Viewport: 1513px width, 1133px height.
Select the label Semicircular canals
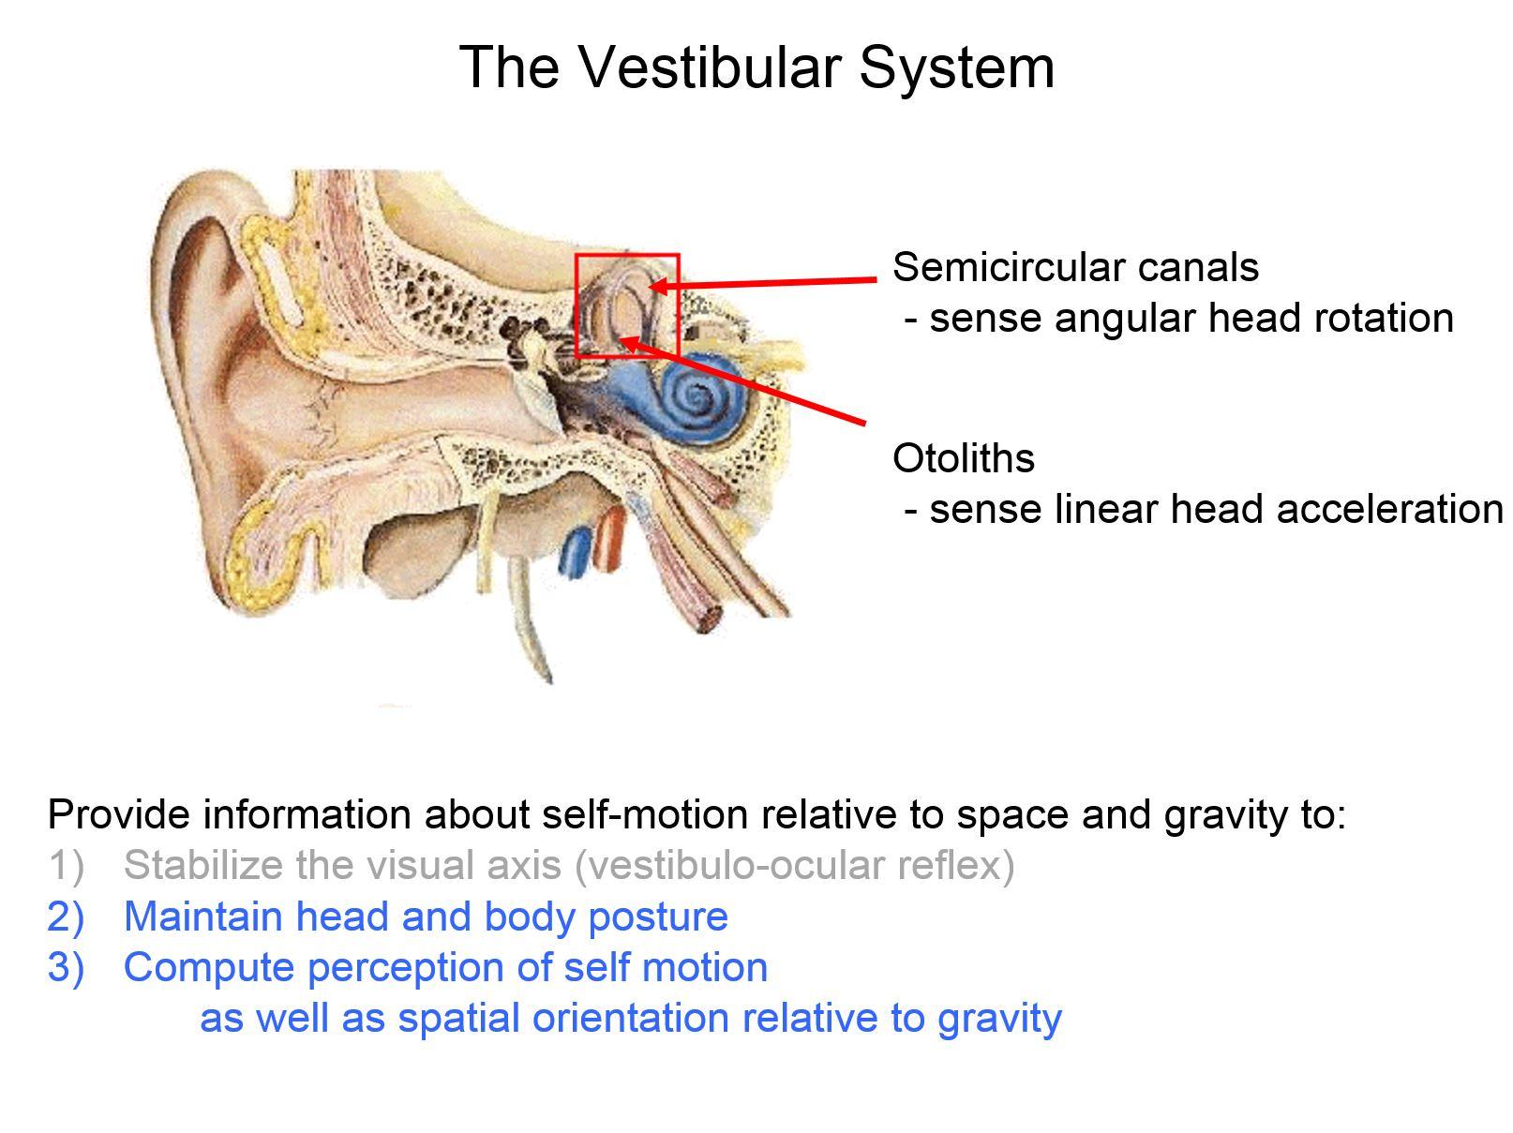point(1075,267)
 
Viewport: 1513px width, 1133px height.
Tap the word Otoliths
point(964,458)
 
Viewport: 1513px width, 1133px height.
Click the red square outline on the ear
point(627,255)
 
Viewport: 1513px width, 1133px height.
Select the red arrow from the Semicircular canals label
point(769,282)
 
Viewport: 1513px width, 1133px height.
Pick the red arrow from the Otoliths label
point(750,384)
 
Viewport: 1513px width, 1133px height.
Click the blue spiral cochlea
point(698,398)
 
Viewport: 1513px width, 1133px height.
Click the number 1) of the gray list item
point(66,865)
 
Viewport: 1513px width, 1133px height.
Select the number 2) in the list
point(66,917)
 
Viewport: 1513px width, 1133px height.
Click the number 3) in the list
point(66,967)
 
